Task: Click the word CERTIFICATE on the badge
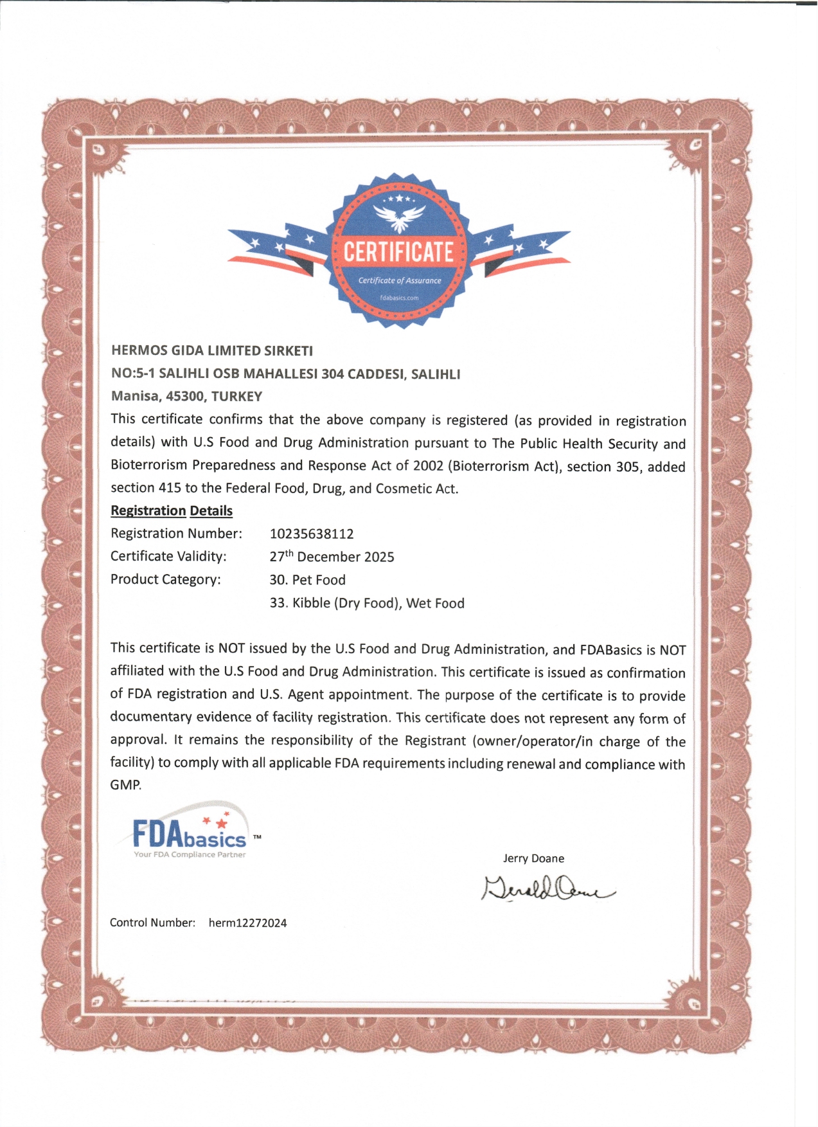tap(398, 252)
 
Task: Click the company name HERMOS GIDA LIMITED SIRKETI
tap(212, 350)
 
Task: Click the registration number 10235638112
tap(312, 534)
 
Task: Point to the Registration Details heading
tap(172, 510)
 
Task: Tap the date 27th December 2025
tap(332, 557)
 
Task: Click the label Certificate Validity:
tap(168, 556)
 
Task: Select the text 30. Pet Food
tap(307, 580)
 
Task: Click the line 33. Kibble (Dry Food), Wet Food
tap(367, 603)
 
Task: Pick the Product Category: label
tap(166, 579)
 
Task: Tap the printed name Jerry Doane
tap(533, 858)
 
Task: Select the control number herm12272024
tap(247, 923)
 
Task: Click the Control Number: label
tap(152, 923)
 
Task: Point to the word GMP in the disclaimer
tap(125, 785)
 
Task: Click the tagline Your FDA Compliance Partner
tap(190, 854)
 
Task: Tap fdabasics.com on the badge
tap(399, 298)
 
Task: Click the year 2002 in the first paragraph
tap(428, 465)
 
